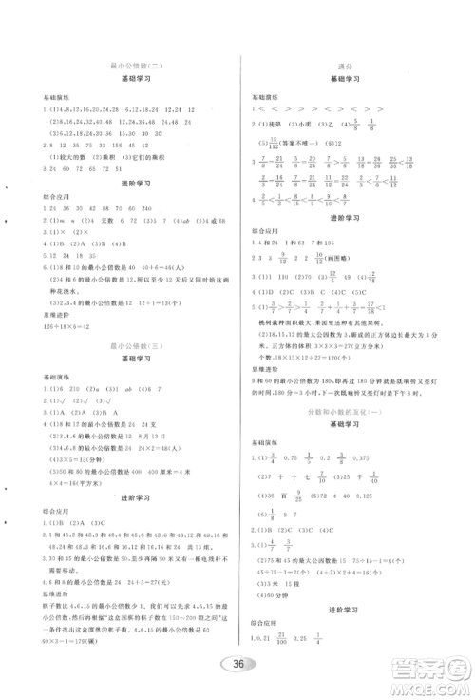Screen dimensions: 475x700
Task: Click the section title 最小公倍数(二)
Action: coord(139,64)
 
